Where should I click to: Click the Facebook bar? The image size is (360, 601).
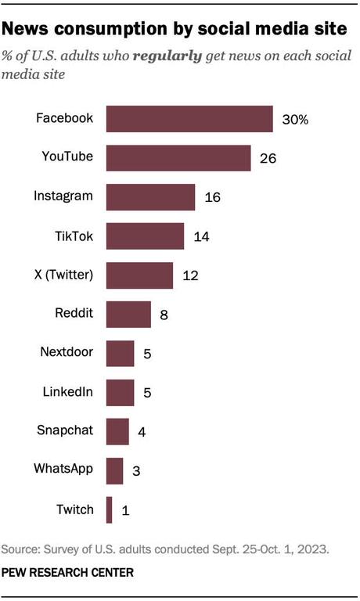(x=189, y=119)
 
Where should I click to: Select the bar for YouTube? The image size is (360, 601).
(x=178, y=158)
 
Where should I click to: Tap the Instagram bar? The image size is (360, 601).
(x=149, y=197)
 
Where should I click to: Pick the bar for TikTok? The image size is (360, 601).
(x=144, y=236)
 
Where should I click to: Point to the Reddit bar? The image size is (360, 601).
(x=128, y=315)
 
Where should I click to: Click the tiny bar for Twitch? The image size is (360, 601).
(x=109, y=510)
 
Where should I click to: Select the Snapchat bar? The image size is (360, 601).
(x=117, y=431)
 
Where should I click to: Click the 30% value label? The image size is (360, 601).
(x=296, y=120)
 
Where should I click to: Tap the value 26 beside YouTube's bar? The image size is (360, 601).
(x=268, y=159)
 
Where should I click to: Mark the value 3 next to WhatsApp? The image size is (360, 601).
(x=137, y=471)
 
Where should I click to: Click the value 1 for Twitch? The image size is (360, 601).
(x=125, y=511)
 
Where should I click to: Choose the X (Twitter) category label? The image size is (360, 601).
(x=65, y=275)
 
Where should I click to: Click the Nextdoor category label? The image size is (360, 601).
(x=67, y=353)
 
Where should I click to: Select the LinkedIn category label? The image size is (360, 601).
(x=68, y=392)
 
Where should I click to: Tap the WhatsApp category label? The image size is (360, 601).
(x=63, y=470)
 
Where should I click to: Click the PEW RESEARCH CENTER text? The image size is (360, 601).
(x=67, y=573)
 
